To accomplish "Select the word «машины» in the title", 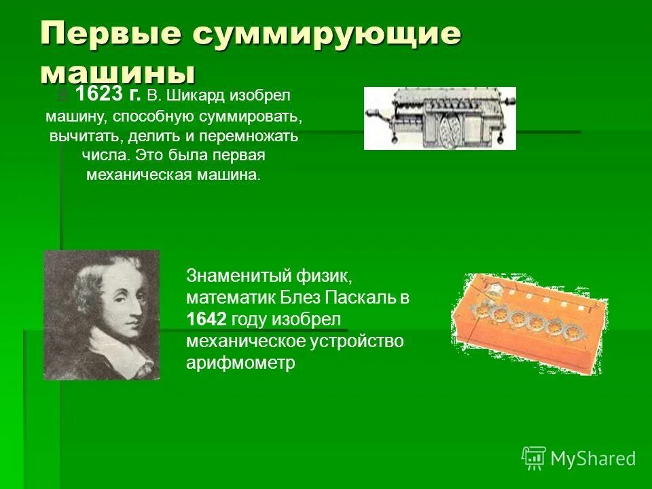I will [x=117, y=71].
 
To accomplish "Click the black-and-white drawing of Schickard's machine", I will [x=439, y=118].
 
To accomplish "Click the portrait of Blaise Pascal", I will [x=101, y=306].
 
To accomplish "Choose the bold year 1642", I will [x=206, y=319].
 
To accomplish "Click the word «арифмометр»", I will [x=240, y=363].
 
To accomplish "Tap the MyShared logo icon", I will [x=534, y=458].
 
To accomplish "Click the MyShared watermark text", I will [x=593, y=459].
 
